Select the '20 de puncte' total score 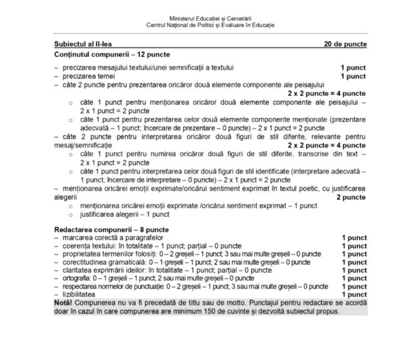[x=345, y=44]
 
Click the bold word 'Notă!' [x=64, y=303]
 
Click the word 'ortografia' [x=75, y=278]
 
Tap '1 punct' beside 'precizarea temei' [x=353, y=76]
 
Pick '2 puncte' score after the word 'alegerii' [x=351, y=197]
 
